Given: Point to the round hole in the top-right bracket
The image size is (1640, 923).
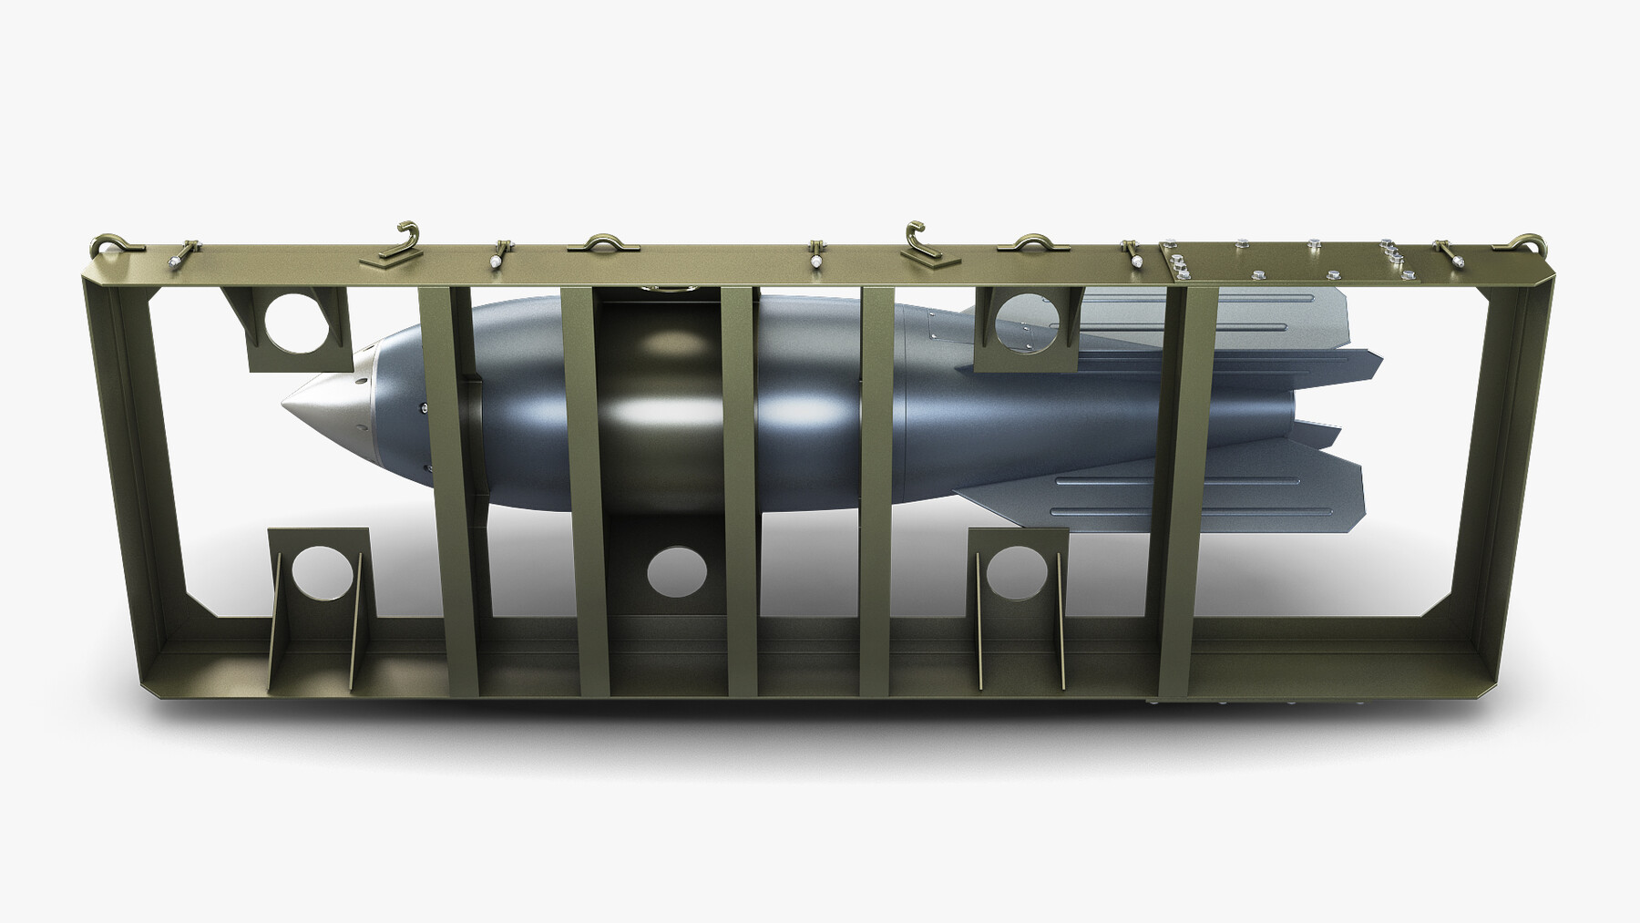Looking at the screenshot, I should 1027,321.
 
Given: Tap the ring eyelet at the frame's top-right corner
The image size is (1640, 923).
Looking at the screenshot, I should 1534,243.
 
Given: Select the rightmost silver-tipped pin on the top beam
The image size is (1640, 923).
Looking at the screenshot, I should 1455,257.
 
